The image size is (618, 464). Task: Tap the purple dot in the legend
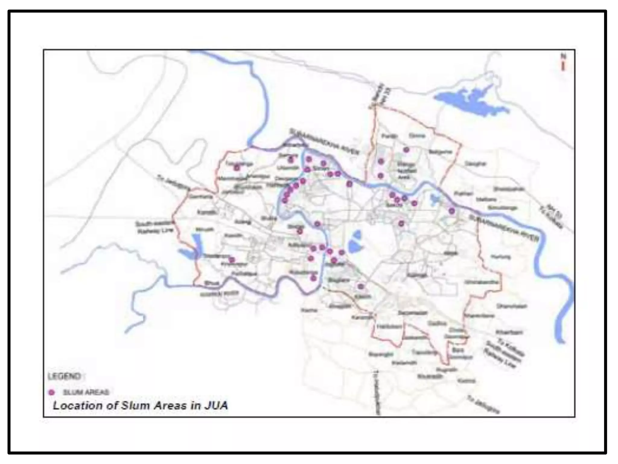point(52,392)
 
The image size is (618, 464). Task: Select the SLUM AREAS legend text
point(86,392)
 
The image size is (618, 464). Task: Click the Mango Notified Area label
point(406,171)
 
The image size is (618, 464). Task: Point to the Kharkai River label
point(219,293)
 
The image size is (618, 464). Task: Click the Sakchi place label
point(394,205)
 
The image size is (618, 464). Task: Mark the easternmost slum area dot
point(452,211)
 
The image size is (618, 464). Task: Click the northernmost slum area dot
point(406,150)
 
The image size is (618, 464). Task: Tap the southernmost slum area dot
point(361,286)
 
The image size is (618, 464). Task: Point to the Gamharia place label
point(201,197)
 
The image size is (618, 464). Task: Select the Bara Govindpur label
point(460,353)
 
